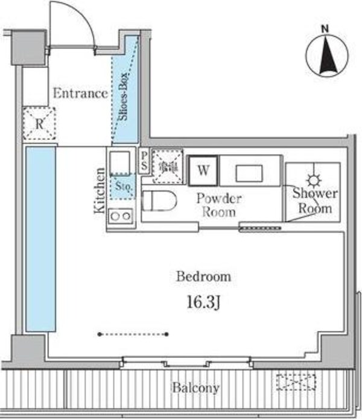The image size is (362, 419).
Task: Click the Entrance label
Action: pos(80,94)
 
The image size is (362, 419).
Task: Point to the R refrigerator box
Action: pos(39,124)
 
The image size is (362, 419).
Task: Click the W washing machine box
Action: pos(203,170)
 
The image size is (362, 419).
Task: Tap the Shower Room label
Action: pos(314,201)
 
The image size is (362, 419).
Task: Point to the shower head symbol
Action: pos(313,179)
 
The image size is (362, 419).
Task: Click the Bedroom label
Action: pos(203,277)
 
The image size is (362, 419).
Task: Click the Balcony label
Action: pos(194,388)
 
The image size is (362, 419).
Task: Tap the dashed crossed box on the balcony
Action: pos(296,382)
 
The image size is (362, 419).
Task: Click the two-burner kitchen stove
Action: pos(119,216)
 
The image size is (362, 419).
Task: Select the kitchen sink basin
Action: pos(120,162)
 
